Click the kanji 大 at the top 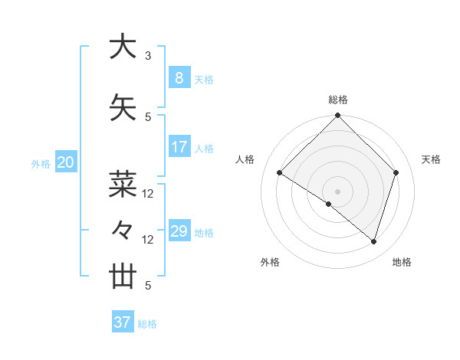[x=122, y=47]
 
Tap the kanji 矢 [x=122, y=107]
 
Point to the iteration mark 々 [x=122, y=229]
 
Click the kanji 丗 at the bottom [x=122, y=276]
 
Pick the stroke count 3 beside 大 [x=148, y=56]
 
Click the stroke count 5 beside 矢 [x=148, y=117]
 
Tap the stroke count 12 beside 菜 [x=148, y=194]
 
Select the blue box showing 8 [x=179, y=78]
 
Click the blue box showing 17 [x=179, y=147]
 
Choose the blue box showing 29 [x=179, y=231]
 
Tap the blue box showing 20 [x=66, y=162]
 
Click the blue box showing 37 [x=122, y=322]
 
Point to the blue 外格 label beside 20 [x=40, y=163]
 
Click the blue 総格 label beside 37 [x=147, y=324]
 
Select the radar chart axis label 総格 [x=338, y=100]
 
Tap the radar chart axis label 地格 [x=402, y=262]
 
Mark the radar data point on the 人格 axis [x=280, y=173]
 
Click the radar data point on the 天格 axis [x=396, y=172]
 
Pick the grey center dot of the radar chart [x=337, y=191]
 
